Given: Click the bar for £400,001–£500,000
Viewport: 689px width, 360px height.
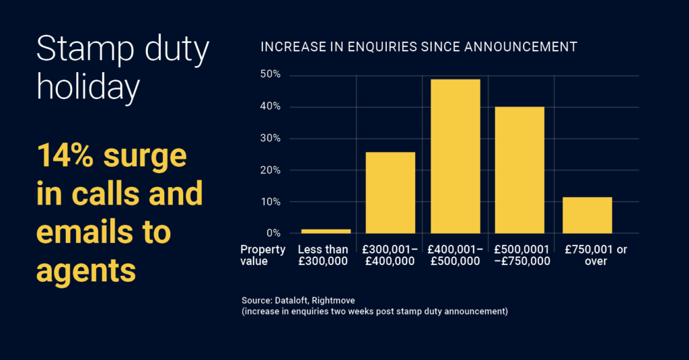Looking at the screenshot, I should [456, 156].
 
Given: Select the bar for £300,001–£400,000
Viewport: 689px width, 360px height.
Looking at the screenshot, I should [390, 192].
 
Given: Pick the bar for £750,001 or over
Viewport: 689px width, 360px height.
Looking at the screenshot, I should [587, 215].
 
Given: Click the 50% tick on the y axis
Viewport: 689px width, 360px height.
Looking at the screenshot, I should [271, 75].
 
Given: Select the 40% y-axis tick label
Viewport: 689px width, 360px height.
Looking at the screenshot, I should [271, 106].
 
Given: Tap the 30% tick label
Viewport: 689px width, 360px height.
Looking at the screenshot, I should [271, 138].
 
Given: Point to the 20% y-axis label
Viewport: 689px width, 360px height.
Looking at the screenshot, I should [271, 170].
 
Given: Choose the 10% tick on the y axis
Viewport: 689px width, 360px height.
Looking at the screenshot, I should [271, 202].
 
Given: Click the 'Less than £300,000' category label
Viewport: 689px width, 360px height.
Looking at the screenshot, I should [324, 256].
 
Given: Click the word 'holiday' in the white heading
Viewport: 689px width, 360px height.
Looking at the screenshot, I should [87, 88].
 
